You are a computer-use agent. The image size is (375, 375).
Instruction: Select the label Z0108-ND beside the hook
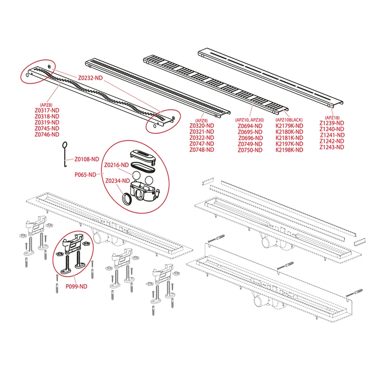point(87,159)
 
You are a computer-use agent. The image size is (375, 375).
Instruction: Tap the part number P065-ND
point(85,174)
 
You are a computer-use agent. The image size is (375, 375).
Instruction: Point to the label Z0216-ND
point(117,165)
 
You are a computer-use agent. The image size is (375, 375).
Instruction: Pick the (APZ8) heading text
point(46,105)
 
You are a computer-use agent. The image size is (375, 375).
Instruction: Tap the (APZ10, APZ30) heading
point(251,120)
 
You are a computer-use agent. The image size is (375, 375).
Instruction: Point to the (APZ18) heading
point(331,117)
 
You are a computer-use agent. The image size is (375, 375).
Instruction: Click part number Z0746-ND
point(47,135)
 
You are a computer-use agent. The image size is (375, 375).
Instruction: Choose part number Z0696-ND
point(251,138)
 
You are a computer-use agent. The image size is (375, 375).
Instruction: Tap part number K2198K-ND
point(289,150)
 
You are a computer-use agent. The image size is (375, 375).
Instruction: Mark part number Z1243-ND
point(332,147)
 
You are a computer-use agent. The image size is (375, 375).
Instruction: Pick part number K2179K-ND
point(289,126)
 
